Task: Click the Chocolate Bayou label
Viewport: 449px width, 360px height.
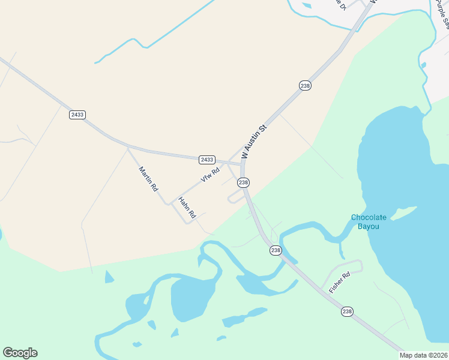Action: [x=369, y=221]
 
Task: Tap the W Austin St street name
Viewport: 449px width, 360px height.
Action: [x=253, y=142]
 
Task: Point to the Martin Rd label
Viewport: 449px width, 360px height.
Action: [x=148, y=179]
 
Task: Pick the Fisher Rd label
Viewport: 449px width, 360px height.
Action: [x=339, y=283]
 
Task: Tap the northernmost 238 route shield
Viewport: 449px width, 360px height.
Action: [x=305, y=86]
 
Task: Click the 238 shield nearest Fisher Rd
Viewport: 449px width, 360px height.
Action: [x=347, y=311]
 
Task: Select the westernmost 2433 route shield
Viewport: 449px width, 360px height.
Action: [x=77, y=115]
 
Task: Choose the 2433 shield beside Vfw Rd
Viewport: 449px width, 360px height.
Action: [x=206, y=159]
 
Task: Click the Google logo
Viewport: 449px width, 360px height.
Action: [x=20, y=353]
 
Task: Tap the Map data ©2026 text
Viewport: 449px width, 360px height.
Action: [x=424, y=355]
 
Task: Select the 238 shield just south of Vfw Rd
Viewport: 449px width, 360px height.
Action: [x=243, y=182]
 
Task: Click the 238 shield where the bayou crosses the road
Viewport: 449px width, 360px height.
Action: [x=276, y=250]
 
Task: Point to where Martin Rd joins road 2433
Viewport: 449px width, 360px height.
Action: [x=127, y=146]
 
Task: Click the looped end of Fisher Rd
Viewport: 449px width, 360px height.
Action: [x=358, y=265]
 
